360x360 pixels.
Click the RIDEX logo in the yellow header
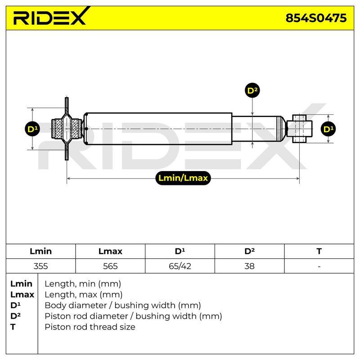click(x=51, y=16)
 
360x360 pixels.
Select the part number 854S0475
click(x=316, y=18)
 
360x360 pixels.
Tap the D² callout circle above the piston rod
click(x=252, y=90)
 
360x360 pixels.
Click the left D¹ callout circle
click(x=32, y=129)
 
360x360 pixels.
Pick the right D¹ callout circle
click(x=328, y=129)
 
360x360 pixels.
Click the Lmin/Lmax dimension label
click(x=183, y=178)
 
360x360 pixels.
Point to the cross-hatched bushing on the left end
click(x=67, y=129)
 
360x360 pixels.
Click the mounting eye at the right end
click(x=302, y=129)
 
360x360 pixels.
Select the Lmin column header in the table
click(x=40, y=251)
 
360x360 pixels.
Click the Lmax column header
click(x=110, y=251)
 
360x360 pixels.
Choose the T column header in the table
click(x=319, y=251)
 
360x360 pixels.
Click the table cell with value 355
click(x=40, y=266)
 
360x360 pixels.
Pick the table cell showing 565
click(x=110, y=266)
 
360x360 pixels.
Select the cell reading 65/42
click(x=180, y=266)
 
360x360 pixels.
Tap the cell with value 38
click(x=249, y=266)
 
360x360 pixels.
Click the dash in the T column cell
click(x=319, y=266)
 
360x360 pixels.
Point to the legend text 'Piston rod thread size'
click(x=90, y=327)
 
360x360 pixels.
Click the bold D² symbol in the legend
click(x=15, y=316)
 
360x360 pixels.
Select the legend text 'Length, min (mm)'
click(x=83, y=284)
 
